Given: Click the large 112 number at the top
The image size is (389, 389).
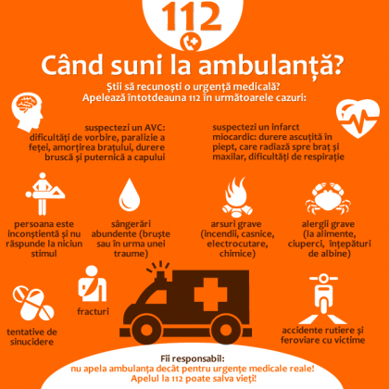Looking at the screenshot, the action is tap(192, 17).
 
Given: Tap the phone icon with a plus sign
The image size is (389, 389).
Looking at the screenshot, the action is tap(191, 43).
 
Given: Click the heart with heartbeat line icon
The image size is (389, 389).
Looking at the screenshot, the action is tap(358, 119).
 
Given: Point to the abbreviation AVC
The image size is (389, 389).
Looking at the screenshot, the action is tap(155, 128).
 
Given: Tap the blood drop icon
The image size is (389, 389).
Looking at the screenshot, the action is tap(130, 194).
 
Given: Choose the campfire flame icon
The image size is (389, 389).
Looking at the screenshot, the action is tap(237, 197).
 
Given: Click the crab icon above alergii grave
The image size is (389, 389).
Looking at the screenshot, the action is tap(328, 198).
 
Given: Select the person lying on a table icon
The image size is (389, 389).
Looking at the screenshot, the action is tap(44, 194).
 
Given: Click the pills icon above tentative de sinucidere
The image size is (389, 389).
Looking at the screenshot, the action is tap(32, 303).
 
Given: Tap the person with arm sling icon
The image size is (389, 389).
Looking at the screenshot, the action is tap(92, 283).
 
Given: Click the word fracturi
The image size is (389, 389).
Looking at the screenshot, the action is tap(93, 311).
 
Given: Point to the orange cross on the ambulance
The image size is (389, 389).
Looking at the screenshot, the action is tap(210, 295).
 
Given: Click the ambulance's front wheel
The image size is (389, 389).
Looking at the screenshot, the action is tap(146, 331).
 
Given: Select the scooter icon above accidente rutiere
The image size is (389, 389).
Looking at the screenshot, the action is tap(323, 298).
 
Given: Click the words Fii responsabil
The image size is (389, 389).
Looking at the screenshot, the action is tap(193, 358).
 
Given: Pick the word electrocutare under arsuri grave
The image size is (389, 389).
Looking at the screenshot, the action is tap(237, 244).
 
